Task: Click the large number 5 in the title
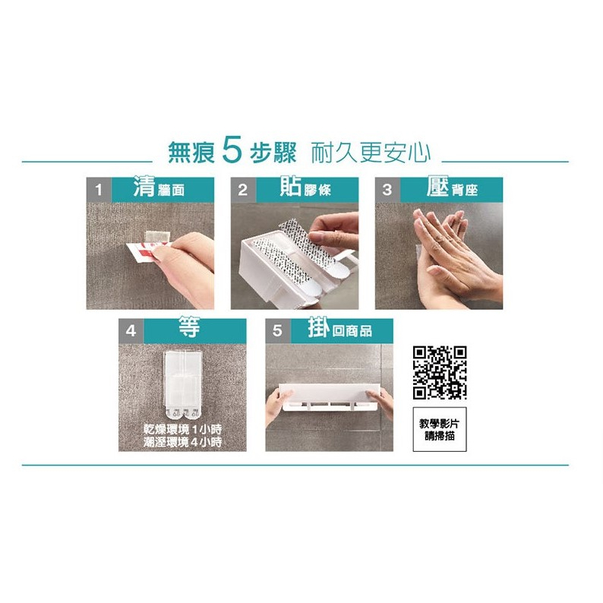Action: pyautogui.click(x=232, y=152)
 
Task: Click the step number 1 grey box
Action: pyautogui.click(x=99, y=190)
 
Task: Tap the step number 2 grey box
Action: pyautogui.click(x=243, y=190)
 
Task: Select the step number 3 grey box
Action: pyautogui.click(x=387, y=190)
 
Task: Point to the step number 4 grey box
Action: pyautogui.click(x=131, y=330)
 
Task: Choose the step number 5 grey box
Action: pyautogui.click(x=278, y=330)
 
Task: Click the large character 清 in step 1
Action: pyautogui.click(x=144, y=187)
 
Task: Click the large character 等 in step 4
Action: pyautogui.click(x=189, y=327)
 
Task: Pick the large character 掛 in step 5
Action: pyautogui.click(x=319, y=327)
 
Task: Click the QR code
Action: pyautogui.click(x=440, y=372)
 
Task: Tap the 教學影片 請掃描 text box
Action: pyautogui.click(x=440, y=429)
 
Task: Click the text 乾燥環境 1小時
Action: pyautogui.click(x=183, y=429)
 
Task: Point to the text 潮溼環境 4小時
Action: pyautogui.click(x=183, y=442)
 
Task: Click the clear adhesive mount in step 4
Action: pyautogui.click(x=182, y=384)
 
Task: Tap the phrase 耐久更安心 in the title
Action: pyautogui.click(x=371, y=153)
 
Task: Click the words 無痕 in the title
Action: pyautogui.click(x=191, y=153)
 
